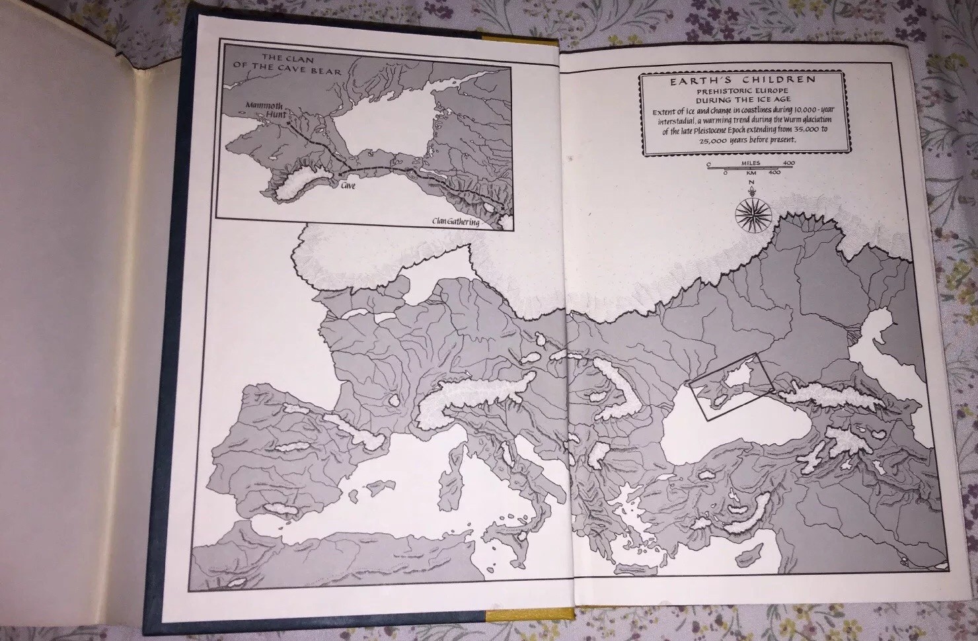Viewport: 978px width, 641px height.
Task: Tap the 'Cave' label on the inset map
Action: pos(347,187)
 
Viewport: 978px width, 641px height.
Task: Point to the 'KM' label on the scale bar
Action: pos(751,172)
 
